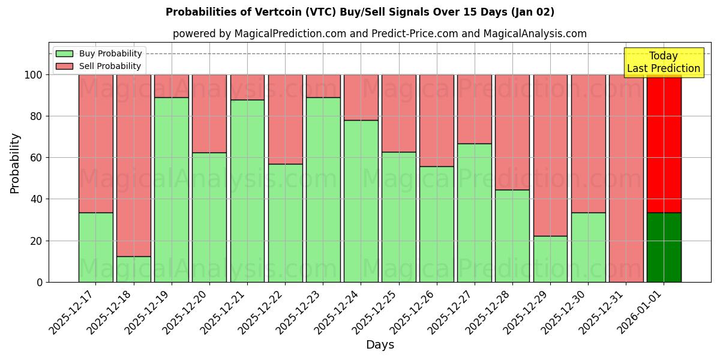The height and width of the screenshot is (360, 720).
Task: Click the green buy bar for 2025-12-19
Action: [x=172, y=190]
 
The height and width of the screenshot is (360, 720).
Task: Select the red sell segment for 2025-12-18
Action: [x=134, y=165]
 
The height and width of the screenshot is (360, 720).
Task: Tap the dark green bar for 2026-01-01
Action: [x=664, y=247]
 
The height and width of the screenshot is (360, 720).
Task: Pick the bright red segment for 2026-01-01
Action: [x=664, y=144]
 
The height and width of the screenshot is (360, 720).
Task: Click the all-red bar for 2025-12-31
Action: [x=626, y=178]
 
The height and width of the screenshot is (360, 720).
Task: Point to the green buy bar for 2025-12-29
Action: [x=550, y=259]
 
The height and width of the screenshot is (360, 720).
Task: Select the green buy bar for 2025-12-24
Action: [x=361, y=201]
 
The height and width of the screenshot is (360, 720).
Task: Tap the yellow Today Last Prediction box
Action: [x=664, y=62]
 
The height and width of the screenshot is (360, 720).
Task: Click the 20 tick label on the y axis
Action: [x=37, y=241]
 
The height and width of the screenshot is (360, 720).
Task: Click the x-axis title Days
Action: [x=380, y=345]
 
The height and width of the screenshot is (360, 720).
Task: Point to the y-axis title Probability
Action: [x=15, y=163]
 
